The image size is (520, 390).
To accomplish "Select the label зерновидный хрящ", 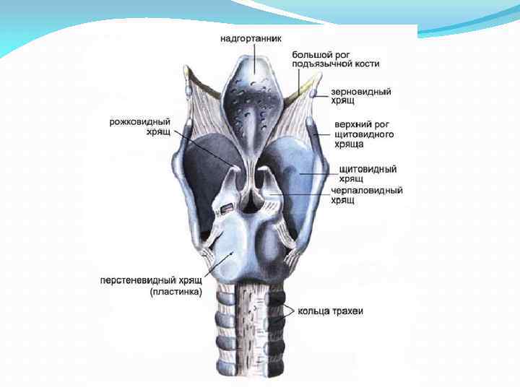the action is pos(360,96).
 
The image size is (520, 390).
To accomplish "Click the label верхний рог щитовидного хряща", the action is pos(363,134).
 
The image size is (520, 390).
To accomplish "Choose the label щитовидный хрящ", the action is pos(368,173).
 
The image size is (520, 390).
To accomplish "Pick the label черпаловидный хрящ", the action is pos(367,195).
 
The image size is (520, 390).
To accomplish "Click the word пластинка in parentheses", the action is pos(176,292).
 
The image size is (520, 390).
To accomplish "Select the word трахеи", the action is pos(347,311).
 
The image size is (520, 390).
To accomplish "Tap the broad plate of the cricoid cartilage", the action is pos(235,249).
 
